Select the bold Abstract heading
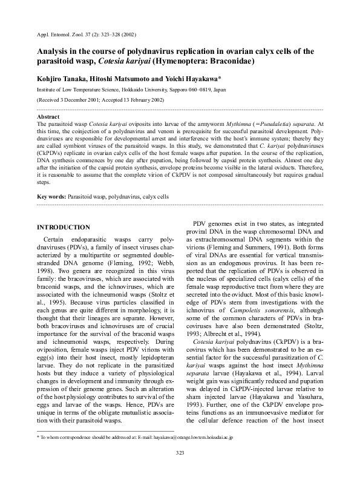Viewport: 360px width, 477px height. tap(48, 116)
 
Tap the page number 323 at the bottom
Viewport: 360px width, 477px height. tap(180, 470)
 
